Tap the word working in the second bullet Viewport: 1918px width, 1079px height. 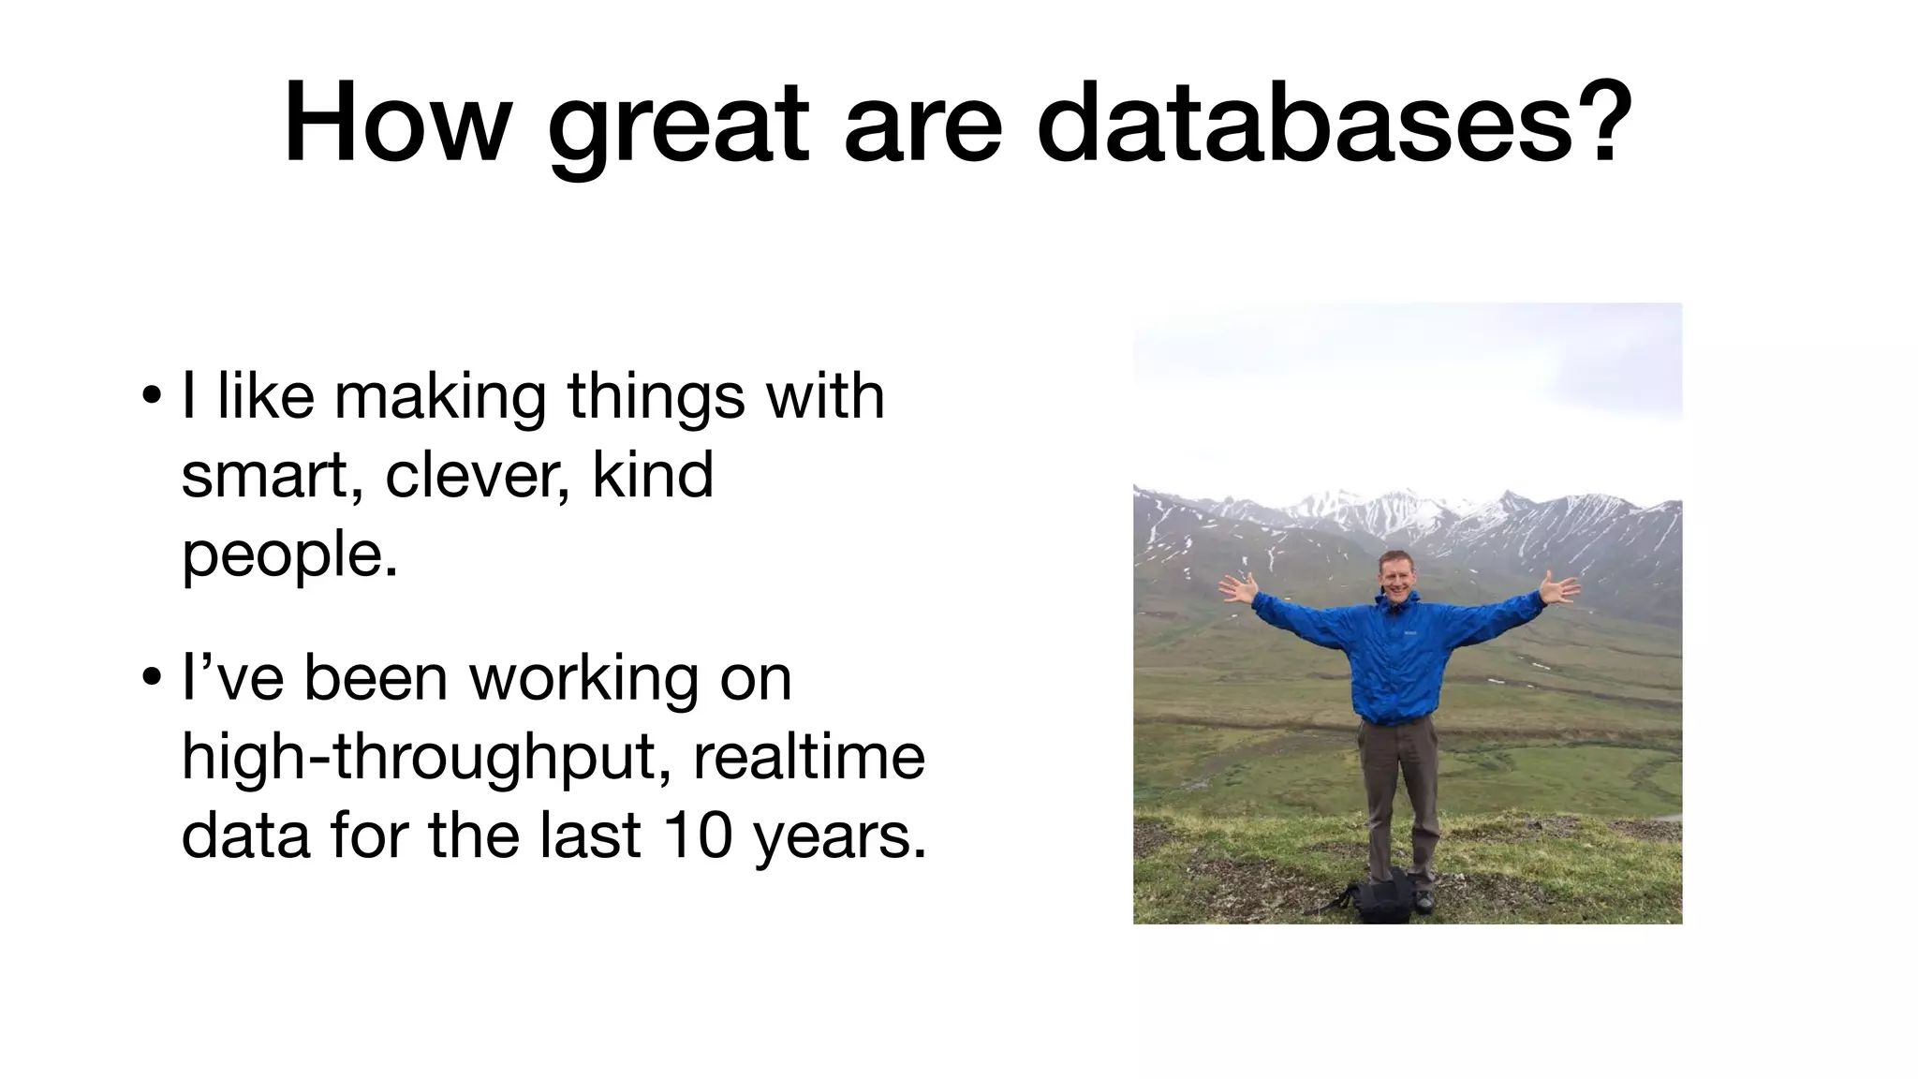[583, 679]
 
